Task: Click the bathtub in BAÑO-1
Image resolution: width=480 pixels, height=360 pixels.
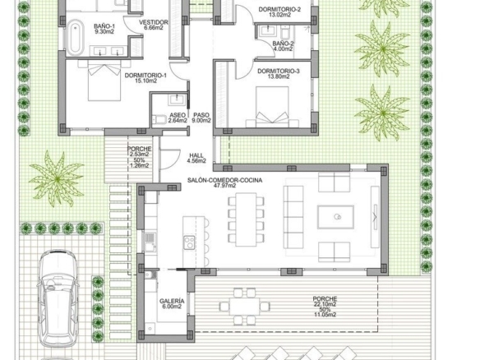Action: (x=75, y=37)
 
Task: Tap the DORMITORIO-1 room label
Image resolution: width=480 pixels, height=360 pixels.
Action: (x=145, y=76)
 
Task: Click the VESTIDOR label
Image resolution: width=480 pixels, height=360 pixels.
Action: (x=154, y=22)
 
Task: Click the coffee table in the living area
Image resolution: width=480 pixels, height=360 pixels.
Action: (x=336, y=217)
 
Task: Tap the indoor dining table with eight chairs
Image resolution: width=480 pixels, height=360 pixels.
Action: (x=246, y=219)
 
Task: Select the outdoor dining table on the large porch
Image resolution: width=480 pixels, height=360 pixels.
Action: (x=245, y=306)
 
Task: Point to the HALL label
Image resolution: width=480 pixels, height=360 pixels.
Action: (x=196, y=155)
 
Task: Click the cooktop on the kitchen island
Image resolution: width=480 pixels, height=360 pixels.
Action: (x=189, y=242)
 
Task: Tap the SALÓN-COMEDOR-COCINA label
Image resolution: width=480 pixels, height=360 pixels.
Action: (x=224, y=180)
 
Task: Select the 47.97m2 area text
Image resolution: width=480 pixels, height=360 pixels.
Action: (x=224, y=186)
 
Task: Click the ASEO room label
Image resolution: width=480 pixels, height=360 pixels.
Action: (x=178, y=115)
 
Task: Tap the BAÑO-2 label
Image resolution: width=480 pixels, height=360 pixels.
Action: (x=284, y=44)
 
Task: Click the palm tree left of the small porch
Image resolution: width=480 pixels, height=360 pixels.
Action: (x=57, y=179)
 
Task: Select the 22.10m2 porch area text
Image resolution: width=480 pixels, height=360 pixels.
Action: (x=325, y=304)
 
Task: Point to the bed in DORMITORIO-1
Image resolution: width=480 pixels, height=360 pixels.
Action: (x=104, y=81)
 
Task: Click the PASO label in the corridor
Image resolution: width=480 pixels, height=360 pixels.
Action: (x=201, y=115)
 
